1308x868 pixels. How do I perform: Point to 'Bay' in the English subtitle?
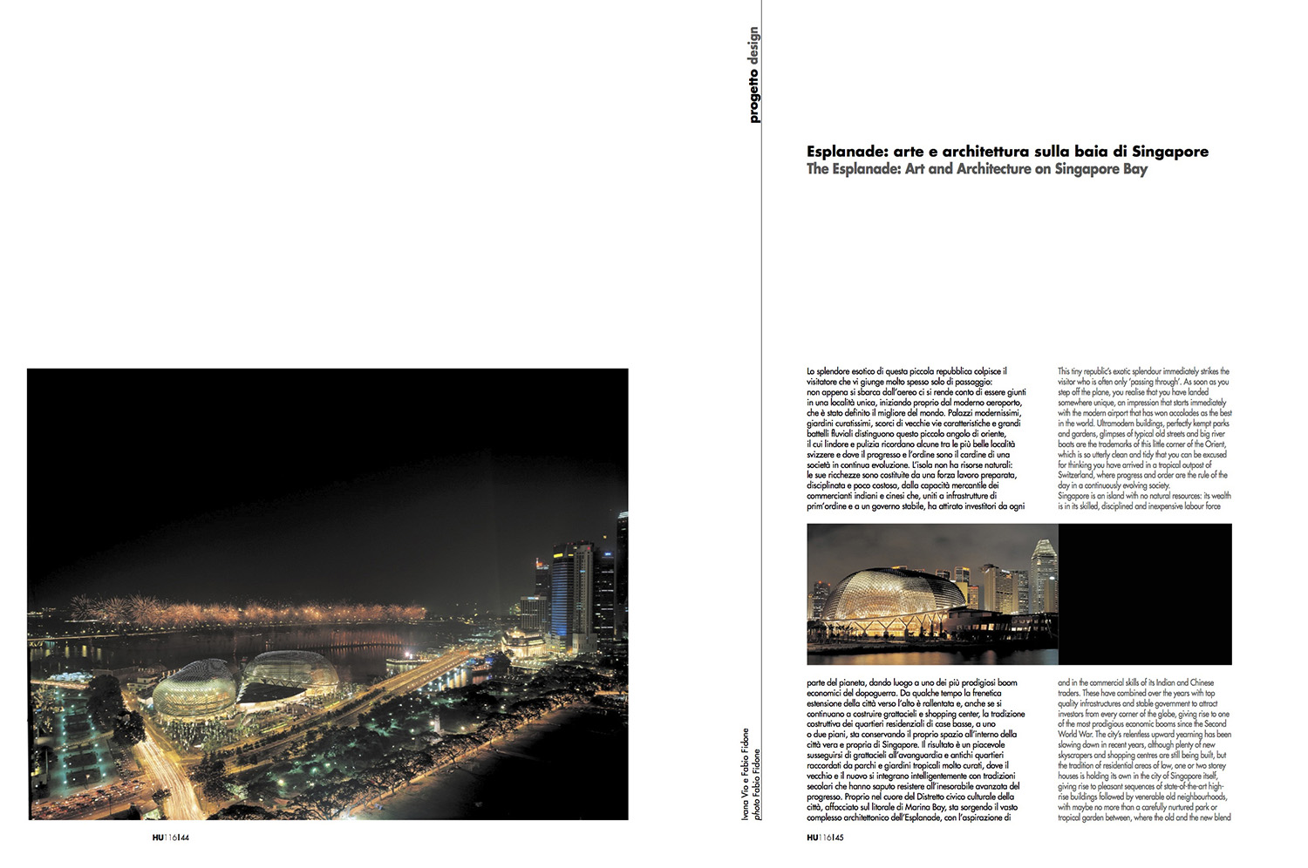[1135, 169]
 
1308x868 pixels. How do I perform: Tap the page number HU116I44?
[171, 838]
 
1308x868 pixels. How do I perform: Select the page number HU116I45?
[825, 838]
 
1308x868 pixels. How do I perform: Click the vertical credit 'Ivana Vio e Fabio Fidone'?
[746, 773]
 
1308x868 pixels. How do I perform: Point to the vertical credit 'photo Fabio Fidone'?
[757, 784]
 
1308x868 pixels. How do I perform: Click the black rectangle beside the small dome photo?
[1145, 594]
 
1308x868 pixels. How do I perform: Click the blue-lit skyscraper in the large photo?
[562, 593]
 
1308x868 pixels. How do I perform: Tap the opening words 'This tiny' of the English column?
[1075, 371]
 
